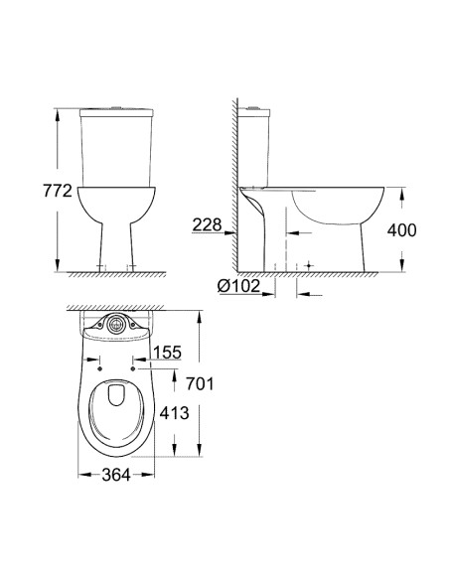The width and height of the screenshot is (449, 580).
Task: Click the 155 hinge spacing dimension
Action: point(168,352)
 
